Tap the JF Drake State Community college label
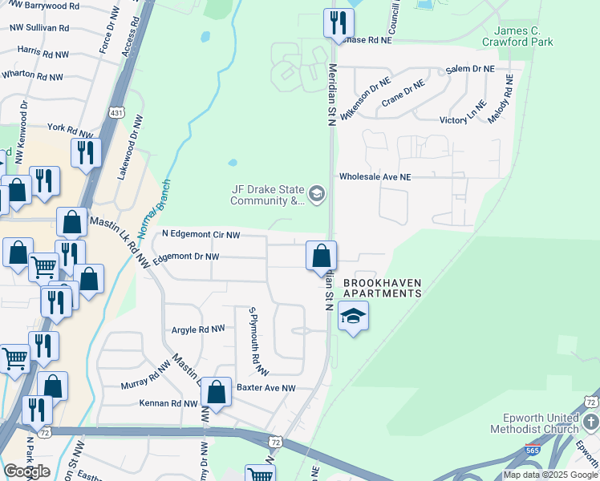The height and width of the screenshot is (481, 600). pyautogui.click(x=265, y=195)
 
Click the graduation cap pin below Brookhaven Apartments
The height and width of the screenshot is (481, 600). pyautogui.click(x=353, y=317)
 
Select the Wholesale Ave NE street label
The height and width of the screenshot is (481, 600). pyautogui.click(x=375, y=176)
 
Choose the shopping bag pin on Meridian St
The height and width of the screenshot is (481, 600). pyautogui.click(x=321, y=257)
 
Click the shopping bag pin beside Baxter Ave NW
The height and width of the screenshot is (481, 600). pyautogui.click(x=216, y=393)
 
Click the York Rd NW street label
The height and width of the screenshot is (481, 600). pyautogui.click(x=67, y=128)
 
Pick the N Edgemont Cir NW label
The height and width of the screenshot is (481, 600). pyautogui.click(x=201, y=234)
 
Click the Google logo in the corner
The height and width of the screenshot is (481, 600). pyautogui.click(x=27, y=471)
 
